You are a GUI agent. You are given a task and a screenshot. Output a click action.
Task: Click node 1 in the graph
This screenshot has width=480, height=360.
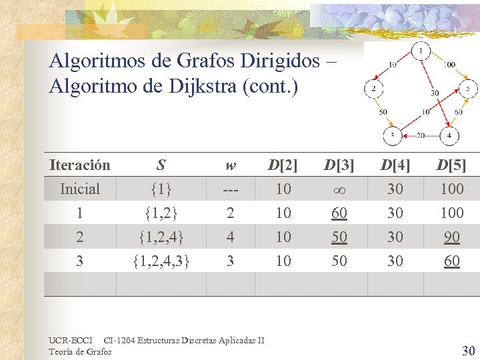(x=421, y=51)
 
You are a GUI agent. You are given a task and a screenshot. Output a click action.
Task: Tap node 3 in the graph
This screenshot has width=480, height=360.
(x=393, y=136)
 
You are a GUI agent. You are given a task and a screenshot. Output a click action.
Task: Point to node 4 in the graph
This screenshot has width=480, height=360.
(x=449, y=136)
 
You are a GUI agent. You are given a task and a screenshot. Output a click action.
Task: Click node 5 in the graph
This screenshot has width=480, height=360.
(x=468, y=88)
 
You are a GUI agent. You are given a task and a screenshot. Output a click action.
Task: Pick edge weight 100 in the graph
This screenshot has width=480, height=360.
(x=449, y=65)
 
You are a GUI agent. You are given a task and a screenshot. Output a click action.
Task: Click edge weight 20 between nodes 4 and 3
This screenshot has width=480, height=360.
(x=421, y=135)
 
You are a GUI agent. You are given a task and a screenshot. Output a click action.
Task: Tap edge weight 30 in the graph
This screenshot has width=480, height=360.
(x=435, y=93)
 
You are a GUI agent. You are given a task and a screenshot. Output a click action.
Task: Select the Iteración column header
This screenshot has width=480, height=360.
(x=80, y=165)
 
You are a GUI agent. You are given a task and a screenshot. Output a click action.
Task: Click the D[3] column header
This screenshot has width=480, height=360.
(x=339, y=165)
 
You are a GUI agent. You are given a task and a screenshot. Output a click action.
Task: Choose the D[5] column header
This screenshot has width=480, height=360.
(x=451, y=165)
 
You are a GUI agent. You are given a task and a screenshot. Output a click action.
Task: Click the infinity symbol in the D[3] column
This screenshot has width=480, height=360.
(x=339, y=189)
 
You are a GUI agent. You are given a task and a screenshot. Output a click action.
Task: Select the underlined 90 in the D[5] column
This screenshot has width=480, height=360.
(x=451, y=237)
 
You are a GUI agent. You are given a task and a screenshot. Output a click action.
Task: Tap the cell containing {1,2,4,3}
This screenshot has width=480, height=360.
(x=161, y=261)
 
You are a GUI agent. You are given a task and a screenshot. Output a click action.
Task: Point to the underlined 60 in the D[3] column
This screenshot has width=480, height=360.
(x=339, y=213)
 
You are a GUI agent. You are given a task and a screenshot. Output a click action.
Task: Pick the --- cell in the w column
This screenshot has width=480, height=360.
(x=230, y=189)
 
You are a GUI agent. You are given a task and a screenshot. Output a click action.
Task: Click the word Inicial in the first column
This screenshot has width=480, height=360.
(x=80, y=189)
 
